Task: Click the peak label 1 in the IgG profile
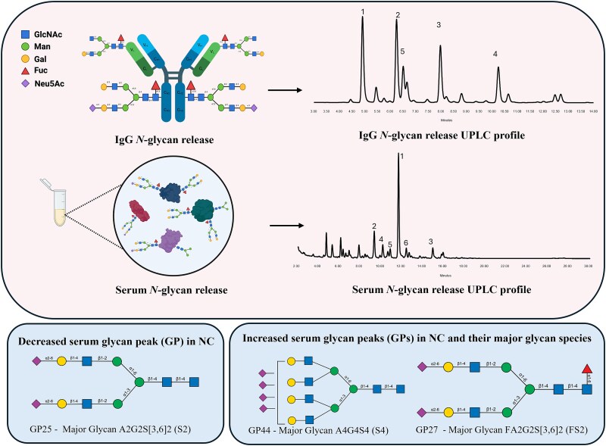[364, 12]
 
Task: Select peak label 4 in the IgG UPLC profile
[495, 55]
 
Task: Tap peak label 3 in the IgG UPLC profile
[439, 26]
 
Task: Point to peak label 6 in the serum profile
[406, 242]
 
